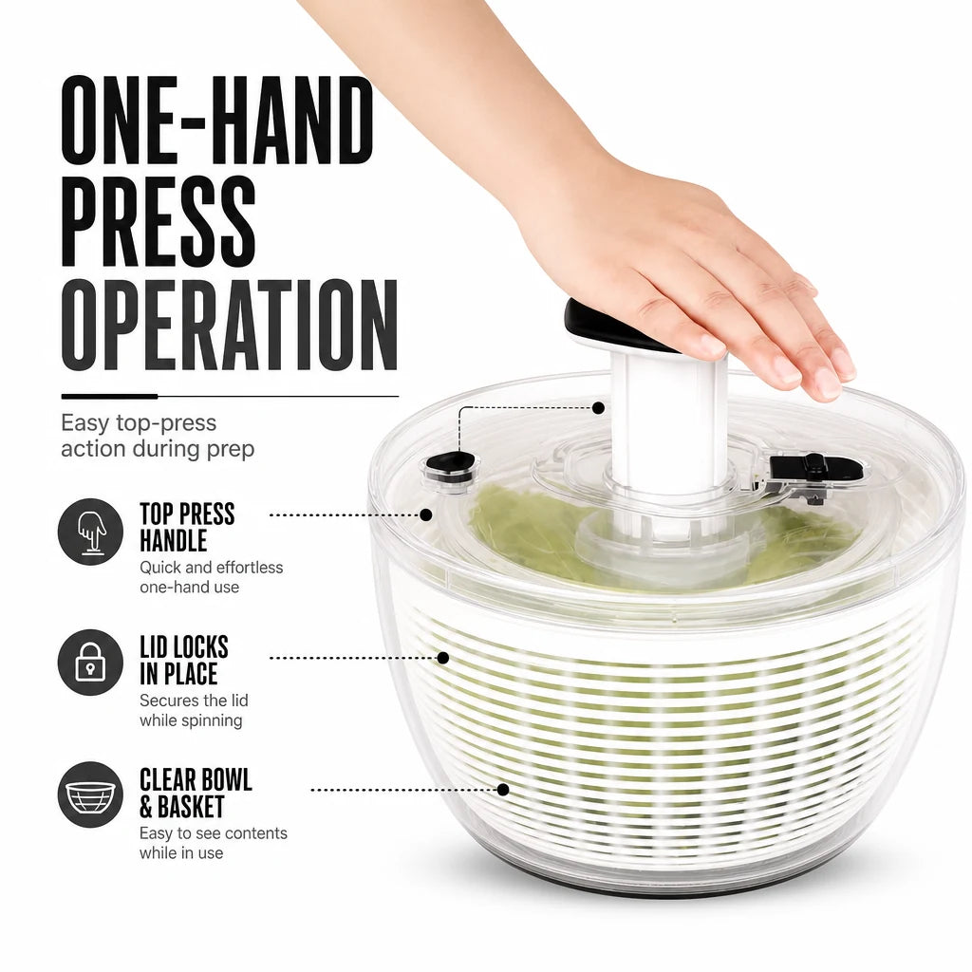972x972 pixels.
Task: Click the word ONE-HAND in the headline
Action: pyautogui.click(x=217, y=121)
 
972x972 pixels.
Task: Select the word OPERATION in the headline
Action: pyautogui.click(x=230, y=325)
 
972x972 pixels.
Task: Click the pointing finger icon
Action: pyautogui.click(x=90, y=532)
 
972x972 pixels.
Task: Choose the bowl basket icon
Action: pyautogui.click(x=90, y=794)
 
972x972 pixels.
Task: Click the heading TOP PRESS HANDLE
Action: pyautogui.click(x=187, y=527)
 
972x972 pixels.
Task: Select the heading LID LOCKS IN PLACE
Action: pyautogui.click(x=184, y=661)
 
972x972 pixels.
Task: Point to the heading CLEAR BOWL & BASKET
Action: pyautogui.click(x=196, y=793)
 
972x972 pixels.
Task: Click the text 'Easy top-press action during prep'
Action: pyautogui.click(x=158, y=435)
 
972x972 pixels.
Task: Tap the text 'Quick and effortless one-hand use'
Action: pyautogui.click(x=211, y=577)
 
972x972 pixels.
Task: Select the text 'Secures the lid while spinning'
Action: pyautogui.click(x=194, y=710)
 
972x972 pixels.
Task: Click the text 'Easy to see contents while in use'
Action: pyautogui.click(x=214, y=843)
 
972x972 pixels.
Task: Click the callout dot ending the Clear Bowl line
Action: pyautogui.click(x=503, y=790)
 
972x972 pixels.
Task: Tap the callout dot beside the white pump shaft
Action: pyautogui.click(x=598, y=408)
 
